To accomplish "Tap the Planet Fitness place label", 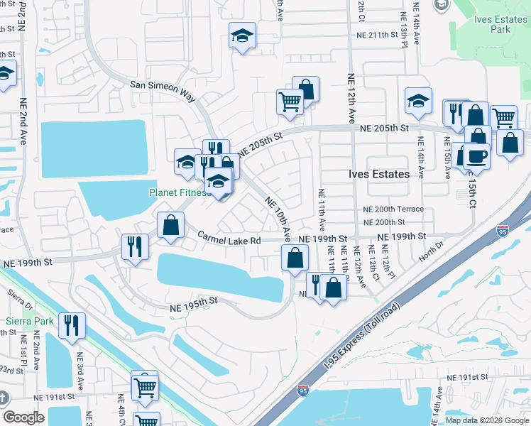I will tap(177, 192).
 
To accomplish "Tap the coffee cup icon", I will tap(476, 155).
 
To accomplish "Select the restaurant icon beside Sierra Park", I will tap(72, 325).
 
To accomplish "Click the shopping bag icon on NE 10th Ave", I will tap(295, 257).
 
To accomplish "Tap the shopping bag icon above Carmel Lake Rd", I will tap(170, 225).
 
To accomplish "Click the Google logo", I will tap(23, 417).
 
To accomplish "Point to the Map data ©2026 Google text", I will tap(487, 420).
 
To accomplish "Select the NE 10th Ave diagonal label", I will tap(279, 217).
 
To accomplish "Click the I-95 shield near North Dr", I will tap(503, 230).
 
